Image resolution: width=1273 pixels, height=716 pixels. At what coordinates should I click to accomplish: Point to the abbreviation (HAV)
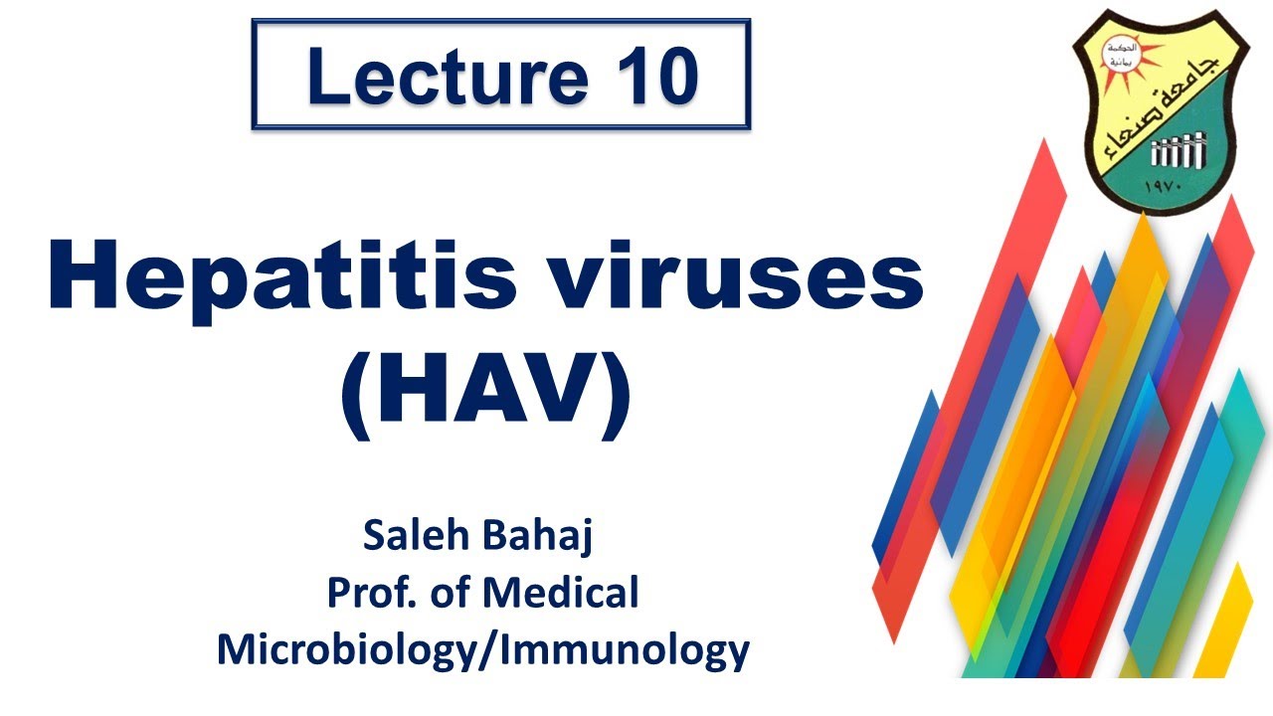pos(486,393)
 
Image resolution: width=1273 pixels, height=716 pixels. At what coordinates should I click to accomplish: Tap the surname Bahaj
pos(543,537)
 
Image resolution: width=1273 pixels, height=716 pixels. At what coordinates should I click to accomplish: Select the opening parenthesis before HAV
pos(356,395)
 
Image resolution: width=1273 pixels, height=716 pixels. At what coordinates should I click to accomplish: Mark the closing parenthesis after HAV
pos(616,395)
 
